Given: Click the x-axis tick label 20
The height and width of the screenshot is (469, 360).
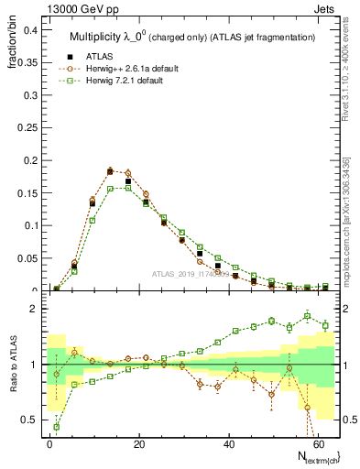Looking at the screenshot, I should pos(139,443).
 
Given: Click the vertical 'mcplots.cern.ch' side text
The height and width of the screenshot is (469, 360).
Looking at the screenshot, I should pos(352,211).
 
